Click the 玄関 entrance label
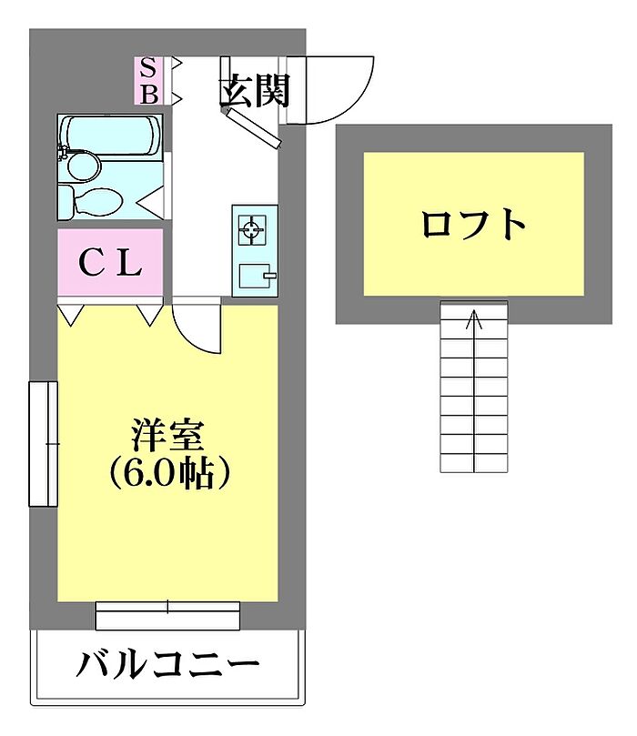256,90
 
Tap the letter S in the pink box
148,68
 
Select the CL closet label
111,263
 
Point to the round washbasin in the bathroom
83,166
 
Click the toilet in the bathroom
93,201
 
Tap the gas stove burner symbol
251,230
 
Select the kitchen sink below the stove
257,276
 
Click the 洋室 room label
167,436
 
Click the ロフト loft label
473,225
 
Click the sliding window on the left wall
44,444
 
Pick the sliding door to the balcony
167,615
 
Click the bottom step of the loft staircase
474,463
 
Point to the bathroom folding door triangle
151,202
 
